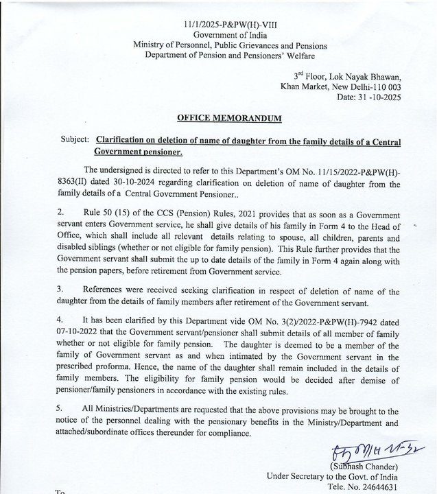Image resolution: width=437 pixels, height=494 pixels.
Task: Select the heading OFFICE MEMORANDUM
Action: click(x=223, y=119)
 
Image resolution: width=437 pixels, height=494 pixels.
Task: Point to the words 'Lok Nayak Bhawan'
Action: click(x=369, y=76)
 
